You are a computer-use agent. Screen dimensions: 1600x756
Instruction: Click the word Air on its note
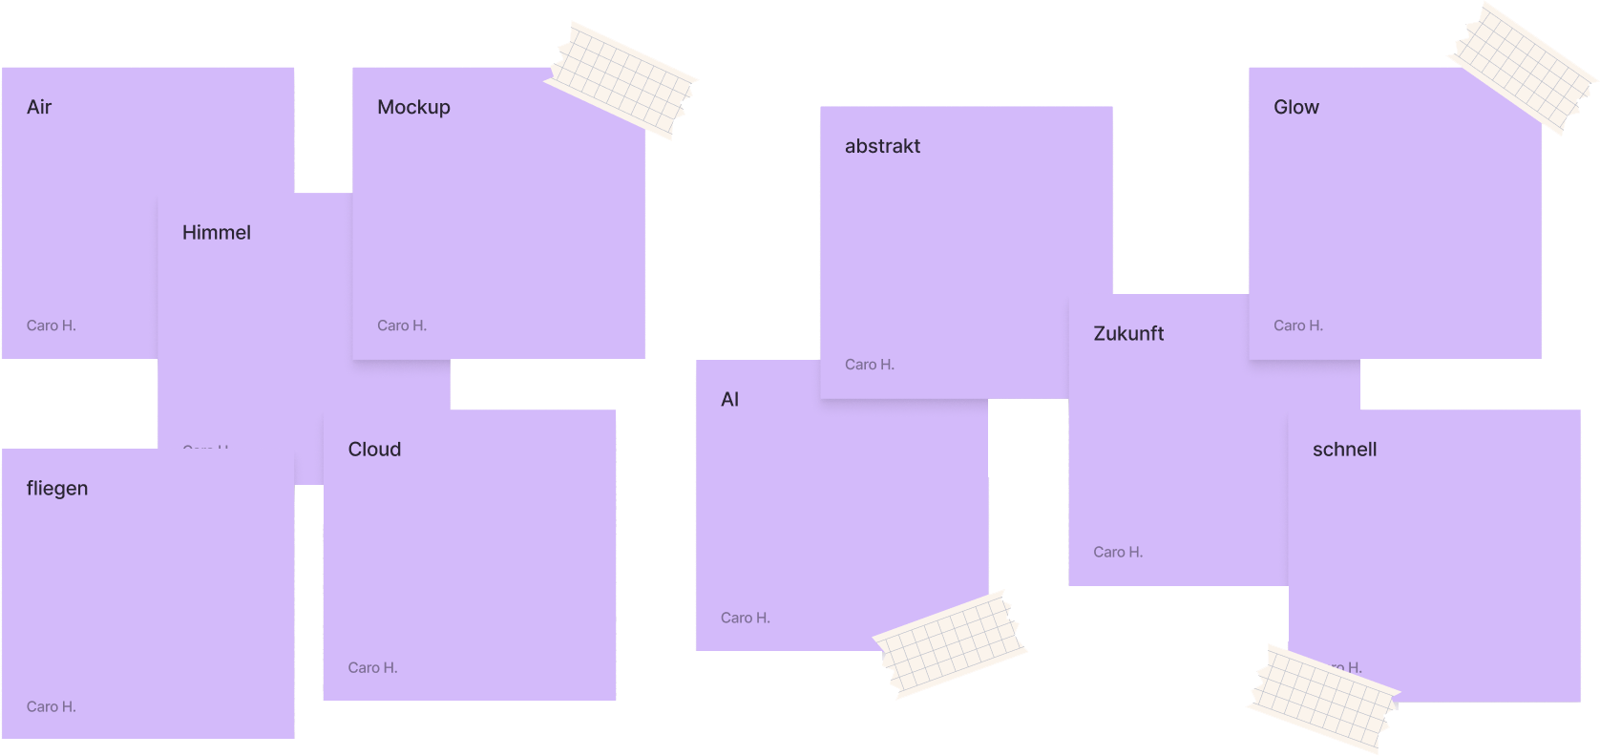click(x=39, y=107)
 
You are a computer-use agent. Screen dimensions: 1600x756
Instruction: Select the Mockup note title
click(x=413, y=107)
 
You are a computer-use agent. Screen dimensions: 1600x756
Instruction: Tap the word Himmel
click(x=217, y=233)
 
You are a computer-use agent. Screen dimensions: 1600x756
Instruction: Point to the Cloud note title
click(x=374, y=450)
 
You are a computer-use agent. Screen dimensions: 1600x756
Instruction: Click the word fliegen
click(x=57, y=489)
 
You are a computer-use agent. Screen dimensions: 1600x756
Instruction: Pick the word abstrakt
click(x=882, y=146)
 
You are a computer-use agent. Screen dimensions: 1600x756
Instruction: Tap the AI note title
click(x=730, y=400)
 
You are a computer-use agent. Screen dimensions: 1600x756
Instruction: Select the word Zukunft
click(x=1128, y=334)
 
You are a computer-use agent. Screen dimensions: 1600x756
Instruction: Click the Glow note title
click(x=1296, y=107)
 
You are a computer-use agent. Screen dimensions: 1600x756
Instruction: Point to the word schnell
click(x=1344, y=450)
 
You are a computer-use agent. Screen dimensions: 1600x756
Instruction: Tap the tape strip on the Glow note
click(x=1522, y=66)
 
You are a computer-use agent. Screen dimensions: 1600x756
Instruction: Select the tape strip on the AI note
click(x=950, y=642)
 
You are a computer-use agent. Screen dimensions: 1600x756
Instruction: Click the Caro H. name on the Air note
click(x=52, y=325)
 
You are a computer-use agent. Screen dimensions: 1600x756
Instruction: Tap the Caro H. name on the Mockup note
click(x=402, y=325)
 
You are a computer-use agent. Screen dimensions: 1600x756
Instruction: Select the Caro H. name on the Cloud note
click(x=372, y=668)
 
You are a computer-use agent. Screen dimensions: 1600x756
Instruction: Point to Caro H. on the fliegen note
click(x=52, y=707)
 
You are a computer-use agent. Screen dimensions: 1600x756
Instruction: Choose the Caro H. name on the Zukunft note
click(x=1118, y=553)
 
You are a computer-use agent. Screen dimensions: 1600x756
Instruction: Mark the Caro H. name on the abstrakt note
click(x=870, y=365)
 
